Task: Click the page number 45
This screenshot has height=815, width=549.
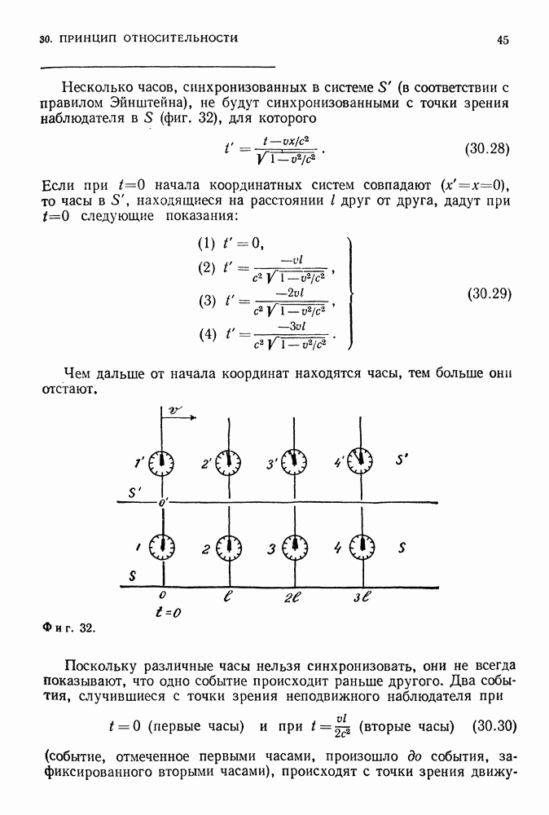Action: [x=503, y=39]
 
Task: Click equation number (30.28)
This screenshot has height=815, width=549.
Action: [x=486, y=149]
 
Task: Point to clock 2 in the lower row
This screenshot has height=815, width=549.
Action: [x=229, y=546]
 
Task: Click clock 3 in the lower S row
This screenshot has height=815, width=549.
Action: [x=294, y=546]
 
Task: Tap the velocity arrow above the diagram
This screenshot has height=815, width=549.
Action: [x=179, y=416]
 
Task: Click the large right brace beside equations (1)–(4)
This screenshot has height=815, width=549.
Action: [x=349, y=293]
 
